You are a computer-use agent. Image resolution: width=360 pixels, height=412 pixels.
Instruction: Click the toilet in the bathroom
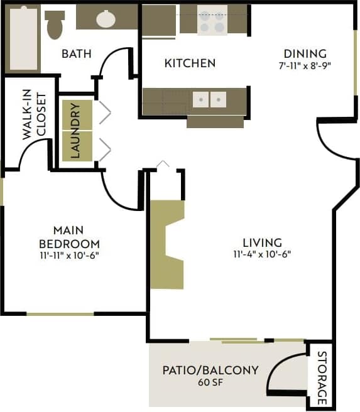click(x=55, y=24)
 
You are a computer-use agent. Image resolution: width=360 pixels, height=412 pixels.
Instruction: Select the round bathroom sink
click(x=106, y=19)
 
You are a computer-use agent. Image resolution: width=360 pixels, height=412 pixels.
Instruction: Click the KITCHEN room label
click(x=190, y=63)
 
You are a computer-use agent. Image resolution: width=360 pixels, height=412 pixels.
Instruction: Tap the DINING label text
click(x=305, y=53)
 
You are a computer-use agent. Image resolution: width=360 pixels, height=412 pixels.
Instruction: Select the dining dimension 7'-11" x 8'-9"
click(x=305, y=65)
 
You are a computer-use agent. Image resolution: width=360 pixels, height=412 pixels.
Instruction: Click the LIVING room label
click(x=263, y=242)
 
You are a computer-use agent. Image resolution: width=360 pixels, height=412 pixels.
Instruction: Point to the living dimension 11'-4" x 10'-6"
click(x=263, y=254)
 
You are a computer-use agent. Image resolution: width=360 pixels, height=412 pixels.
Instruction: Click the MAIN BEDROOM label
click(x=69, y=237)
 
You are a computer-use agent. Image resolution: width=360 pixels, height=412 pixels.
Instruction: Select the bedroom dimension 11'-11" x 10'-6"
click(x=69, y=255)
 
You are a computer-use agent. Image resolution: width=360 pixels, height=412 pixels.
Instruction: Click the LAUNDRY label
click(x=76, y=131)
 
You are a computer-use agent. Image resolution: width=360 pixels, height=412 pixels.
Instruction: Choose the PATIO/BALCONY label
click(x=210, y=370)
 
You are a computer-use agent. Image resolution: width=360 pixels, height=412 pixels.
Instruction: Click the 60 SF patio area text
click(x=210, y=382)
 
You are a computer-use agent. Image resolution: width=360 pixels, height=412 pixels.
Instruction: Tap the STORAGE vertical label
click(x=321, y=377)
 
